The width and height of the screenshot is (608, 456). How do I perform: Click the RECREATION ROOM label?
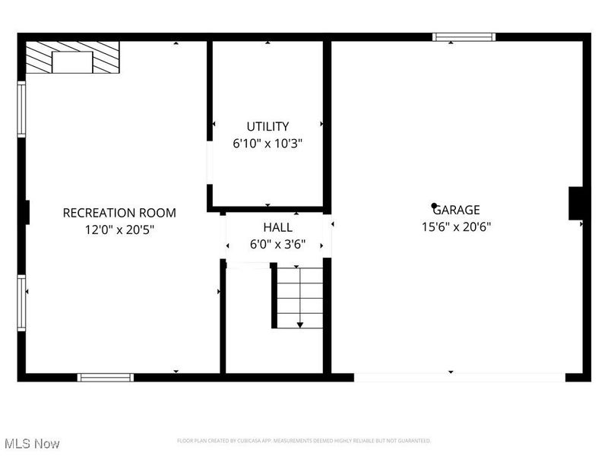pos(119,213)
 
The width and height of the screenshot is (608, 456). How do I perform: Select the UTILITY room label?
pos(268,126)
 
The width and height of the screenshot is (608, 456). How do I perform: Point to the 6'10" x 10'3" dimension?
pos(268,143)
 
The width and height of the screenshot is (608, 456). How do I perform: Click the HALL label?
pos(277,227)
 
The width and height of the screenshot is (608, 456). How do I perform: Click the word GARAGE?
pos(458,210)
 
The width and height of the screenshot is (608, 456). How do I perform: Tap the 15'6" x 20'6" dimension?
pos(457,226)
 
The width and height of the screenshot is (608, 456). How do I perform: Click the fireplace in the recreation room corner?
pos(72,58)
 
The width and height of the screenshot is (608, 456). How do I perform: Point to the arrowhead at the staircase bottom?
pos(299,325)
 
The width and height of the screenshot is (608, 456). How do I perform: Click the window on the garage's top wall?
pos(464,36)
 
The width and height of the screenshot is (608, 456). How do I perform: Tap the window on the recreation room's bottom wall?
pos(105,377)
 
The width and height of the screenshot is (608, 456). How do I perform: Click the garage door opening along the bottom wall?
pos(459,377)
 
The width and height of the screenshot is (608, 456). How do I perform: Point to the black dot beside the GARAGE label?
pos(434,205)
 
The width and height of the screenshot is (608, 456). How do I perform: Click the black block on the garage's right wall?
pos(575,204)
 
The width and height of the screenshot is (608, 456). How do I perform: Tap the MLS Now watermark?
pos(32,443)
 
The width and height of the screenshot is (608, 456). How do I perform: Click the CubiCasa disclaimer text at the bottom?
pos(304,441)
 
